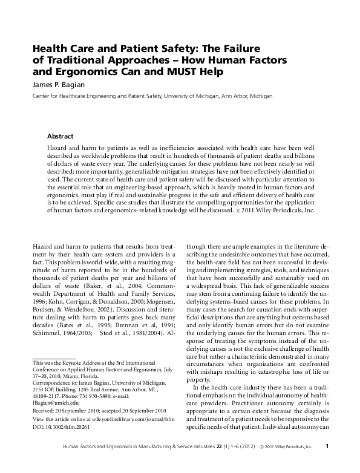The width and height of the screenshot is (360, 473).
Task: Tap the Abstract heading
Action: click(x=61, y=137)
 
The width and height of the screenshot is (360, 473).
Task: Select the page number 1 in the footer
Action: click(x=327, y=463)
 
